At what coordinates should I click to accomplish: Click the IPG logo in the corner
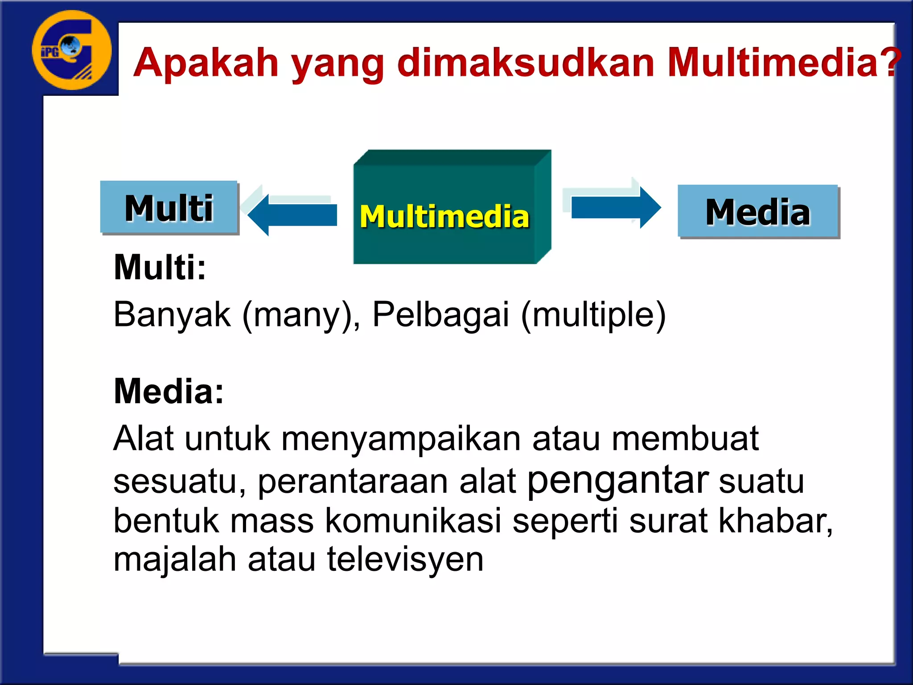coord(71,50)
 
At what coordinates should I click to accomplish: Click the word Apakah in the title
coord(206,63)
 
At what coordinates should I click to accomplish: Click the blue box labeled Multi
coord(169,207)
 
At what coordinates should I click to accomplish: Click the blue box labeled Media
coord(758,211)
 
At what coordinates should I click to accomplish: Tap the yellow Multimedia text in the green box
coord(444,217)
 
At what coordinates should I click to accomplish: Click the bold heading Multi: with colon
coord(160,268)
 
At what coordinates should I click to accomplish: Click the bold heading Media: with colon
coord(169,391)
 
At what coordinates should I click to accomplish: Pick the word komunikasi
coord(413,521)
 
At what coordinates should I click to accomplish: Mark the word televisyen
coord(405,559)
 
